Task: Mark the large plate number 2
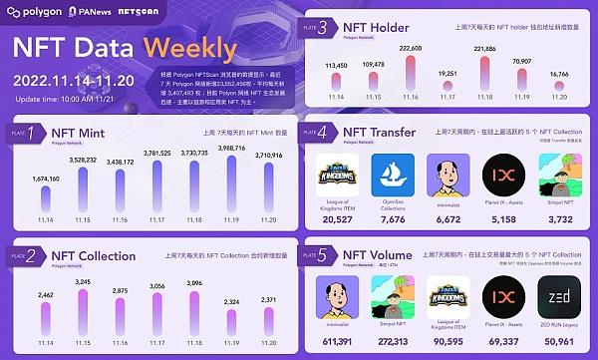point(31,256)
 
